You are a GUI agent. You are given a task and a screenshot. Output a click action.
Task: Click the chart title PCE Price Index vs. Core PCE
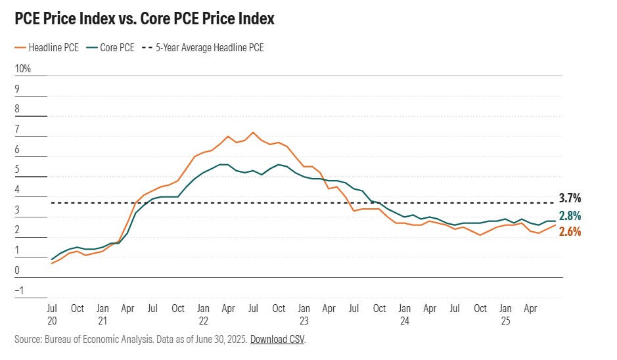click(x=144, y=19)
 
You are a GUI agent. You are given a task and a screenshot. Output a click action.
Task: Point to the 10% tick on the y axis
click(x=22, y=69)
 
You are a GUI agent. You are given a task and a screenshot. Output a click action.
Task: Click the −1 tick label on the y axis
click(x=20, y=291)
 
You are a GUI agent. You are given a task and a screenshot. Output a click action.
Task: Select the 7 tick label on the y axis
click(x=18, y=129)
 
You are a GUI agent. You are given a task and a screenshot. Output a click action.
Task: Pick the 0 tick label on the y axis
click(x=18, y=271)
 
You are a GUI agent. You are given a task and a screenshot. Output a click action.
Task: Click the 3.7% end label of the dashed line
click(x=570, y=198)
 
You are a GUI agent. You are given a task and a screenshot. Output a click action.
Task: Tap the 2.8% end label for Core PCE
click(x=570, y=216)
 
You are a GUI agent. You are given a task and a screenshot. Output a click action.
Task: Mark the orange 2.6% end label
click(x=570, y=231)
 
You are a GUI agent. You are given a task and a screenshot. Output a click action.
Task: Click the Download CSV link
click(x=277, y=340)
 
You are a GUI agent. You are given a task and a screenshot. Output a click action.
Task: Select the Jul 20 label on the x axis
click(x=52, y=315)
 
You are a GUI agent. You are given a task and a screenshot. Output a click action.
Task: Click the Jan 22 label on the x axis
click(x=203, y=315)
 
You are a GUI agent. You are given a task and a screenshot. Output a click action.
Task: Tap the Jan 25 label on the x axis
click(x=505, y=315)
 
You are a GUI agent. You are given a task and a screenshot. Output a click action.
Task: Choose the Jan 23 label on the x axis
click(x=304, y=315)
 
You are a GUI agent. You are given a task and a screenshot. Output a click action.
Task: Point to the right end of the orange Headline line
click(x=556, y=225)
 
